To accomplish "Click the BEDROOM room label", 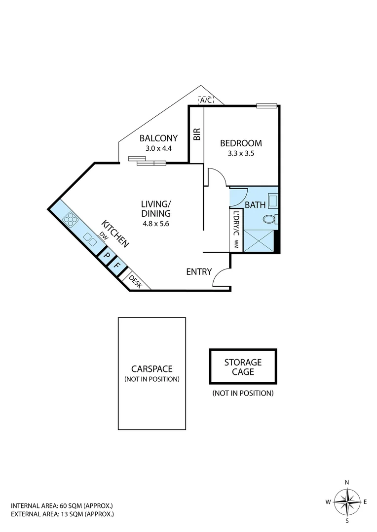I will pos(241,143).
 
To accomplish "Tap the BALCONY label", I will pos(155,138).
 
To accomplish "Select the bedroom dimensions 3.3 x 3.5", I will pos(241,153).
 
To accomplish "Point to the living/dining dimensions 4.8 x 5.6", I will pos(156,223).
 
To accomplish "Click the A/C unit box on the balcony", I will pos(206,100).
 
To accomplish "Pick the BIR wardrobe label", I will pos(197,134).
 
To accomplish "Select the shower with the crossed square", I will pos(258,240).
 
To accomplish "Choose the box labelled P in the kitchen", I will pos(106,256).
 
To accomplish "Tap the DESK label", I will pos(135,281).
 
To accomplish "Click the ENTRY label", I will pos(199,272).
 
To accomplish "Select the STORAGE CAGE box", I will pos(243,367).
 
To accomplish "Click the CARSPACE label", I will pos(151,369).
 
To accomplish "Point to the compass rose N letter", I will pos(347,482).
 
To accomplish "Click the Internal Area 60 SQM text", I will pos(62,505).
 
